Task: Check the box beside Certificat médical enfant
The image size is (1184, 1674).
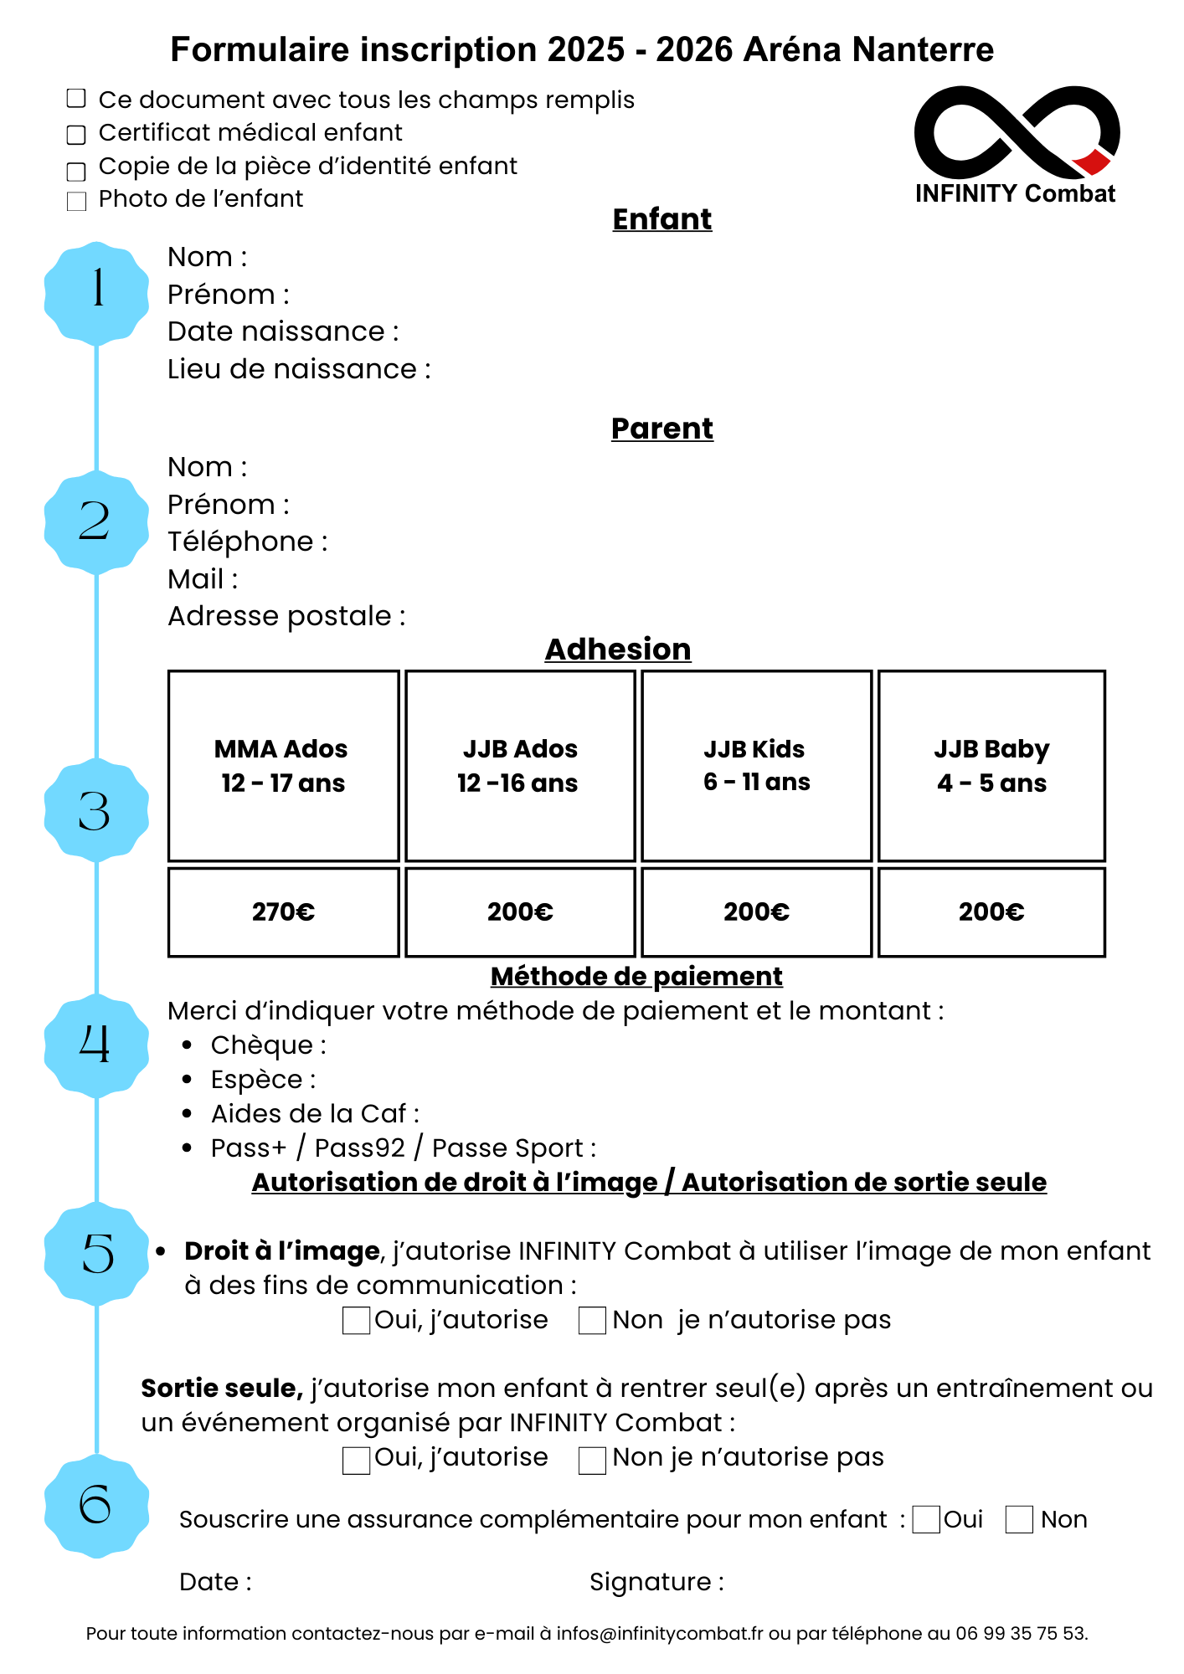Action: (x=76, y=134)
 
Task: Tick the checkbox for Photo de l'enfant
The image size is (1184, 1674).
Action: (x=76, y=201)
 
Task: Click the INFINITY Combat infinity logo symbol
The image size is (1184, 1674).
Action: (x=1017, y=131)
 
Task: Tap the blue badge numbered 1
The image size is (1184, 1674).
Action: (x=96, y=293)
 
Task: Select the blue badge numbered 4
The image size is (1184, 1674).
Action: (x=96, y=1045)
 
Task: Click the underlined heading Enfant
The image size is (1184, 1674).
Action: (x=662, y=219)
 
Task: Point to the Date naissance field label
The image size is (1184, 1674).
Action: (x=283, y=331)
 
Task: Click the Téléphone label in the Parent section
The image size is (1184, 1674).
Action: (x=248, y=542)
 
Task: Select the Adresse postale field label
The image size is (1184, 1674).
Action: (x=286, y=616)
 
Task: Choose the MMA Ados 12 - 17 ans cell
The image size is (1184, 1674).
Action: (x=284, y=766)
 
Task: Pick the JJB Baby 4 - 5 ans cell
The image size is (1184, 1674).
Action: (x=991, y=766)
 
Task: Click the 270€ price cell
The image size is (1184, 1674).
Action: (x=284, y=912)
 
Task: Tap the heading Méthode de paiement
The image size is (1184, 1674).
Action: (x=636, y=977)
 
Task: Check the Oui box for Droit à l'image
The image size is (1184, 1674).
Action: (x=357, y=1321)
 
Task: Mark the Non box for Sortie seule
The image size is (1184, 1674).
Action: (x=593, y=1460)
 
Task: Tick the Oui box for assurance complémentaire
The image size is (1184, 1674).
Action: (x=926, y=1519)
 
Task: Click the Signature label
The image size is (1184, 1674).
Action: (x=656, y=1582)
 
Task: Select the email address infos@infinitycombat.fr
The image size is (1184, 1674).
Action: (x=660, y=1633)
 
